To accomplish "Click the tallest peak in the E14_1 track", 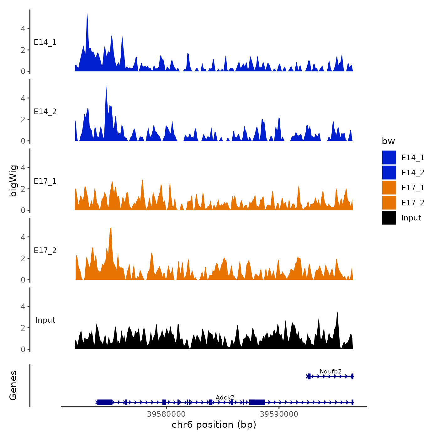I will click(87, 14).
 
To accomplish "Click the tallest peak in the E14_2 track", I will click(106, 86).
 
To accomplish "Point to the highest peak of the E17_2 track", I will click(111, 228).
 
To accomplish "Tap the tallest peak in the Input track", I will click(337, 314).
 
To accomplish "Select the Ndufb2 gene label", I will click(331, 371).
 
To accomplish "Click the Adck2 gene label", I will click(225, 397).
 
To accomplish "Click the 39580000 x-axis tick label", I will click(166, 414).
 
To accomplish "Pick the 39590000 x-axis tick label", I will click(279, 414).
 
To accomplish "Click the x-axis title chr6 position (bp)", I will click(214, 425).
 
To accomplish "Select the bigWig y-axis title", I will click(13, 181).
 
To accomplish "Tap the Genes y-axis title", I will click(13, 385).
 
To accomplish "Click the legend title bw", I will click(388, 141).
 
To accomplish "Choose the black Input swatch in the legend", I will click(389, 218).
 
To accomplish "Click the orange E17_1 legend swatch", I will click(389, 188).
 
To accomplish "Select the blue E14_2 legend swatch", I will click(389, 172).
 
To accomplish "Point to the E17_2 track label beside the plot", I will click(45, 250).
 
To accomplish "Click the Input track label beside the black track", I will click(45, 320).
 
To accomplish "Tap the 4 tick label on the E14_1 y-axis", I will click(23, 29).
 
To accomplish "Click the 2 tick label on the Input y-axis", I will click(23, 328).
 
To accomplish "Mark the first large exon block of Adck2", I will click(105, 402).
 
